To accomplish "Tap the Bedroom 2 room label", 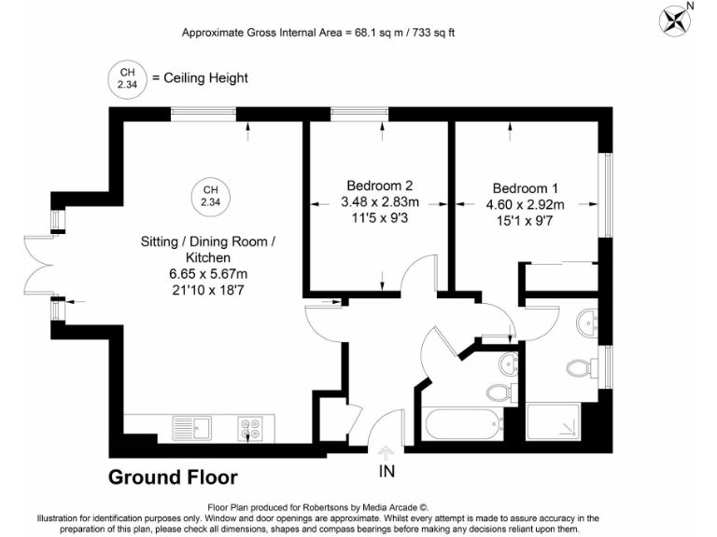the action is pyautogui.click(x=380, y=185).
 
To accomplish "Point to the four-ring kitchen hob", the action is pyautogui.click(x=249, y=428).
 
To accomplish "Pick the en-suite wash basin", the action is pyautogui.click(x=588, y=323).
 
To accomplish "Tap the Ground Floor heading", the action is pyautogui.click(x=173, y=478).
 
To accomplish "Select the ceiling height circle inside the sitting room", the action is pyautogui.click(x=210, y=196).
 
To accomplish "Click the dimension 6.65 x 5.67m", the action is pyautogui.click(x=208, y=273).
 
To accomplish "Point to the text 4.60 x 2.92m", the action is pyautogui.click(x=528, y=204).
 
